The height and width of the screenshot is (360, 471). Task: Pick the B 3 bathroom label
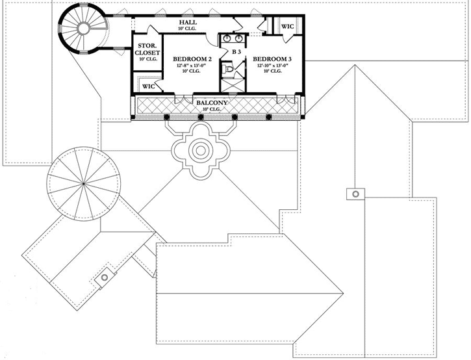click(x=236, y=51)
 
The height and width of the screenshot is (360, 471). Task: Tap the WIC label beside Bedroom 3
click(x=286, y=26)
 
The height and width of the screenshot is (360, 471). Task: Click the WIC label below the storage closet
click(x=148, y=85)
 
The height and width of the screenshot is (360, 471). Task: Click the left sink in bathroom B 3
click(x=226, y=38)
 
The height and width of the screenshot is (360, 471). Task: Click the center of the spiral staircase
click(x=83, y=28)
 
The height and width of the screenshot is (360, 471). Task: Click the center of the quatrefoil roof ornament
click(x=201, y=151)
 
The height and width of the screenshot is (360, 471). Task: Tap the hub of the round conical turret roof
click(x=84, y=184)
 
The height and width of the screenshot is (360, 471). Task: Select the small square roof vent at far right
click(x=355, y=193)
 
